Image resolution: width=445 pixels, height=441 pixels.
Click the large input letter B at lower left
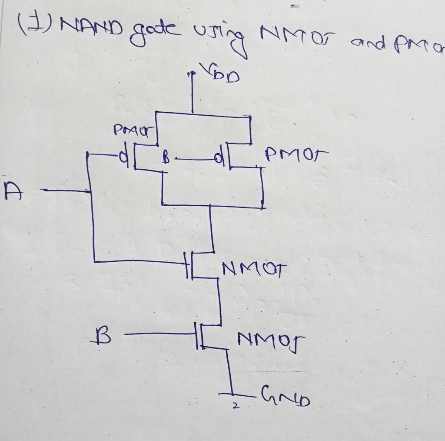coord(100,335)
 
